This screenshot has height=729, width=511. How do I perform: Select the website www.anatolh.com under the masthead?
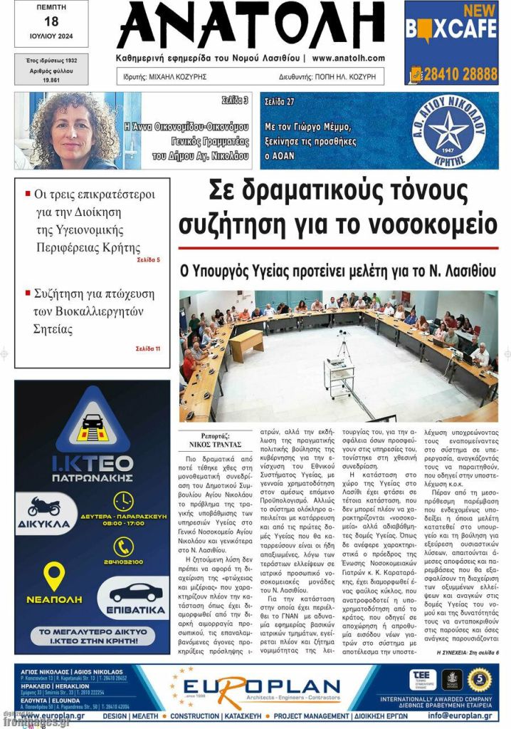tap(348, 58)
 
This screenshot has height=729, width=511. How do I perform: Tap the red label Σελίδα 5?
tap(148, 260)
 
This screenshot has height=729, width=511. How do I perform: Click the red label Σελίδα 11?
tap(148, 348)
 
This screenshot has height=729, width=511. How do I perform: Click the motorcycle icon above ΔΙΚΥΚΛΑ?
tap(43, 507)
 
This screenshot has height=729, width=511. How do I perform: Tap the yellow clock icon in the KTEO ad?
tap(123, 501)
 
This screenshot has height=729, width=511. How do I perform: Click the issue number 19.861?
tap(51, 81)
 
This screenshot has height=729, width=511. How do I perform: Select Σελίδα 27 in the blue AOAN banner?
tap(280, 102)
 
